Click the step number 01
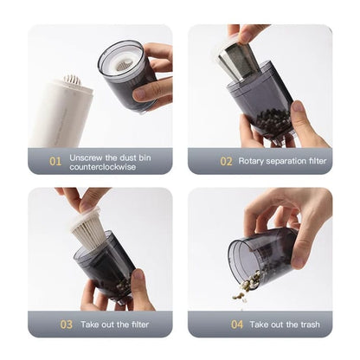55,161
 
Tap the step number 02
226,161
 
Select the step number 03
66,325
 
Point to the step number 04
237,325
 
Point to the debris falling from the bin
247,285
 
